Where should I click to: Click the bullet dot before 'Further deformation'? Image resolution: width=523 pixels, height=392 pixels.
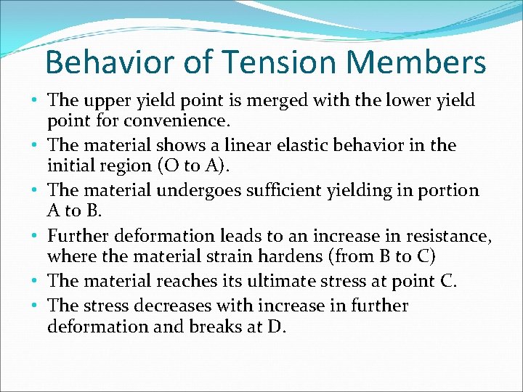pyautogui.click(x=38, y=237)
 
